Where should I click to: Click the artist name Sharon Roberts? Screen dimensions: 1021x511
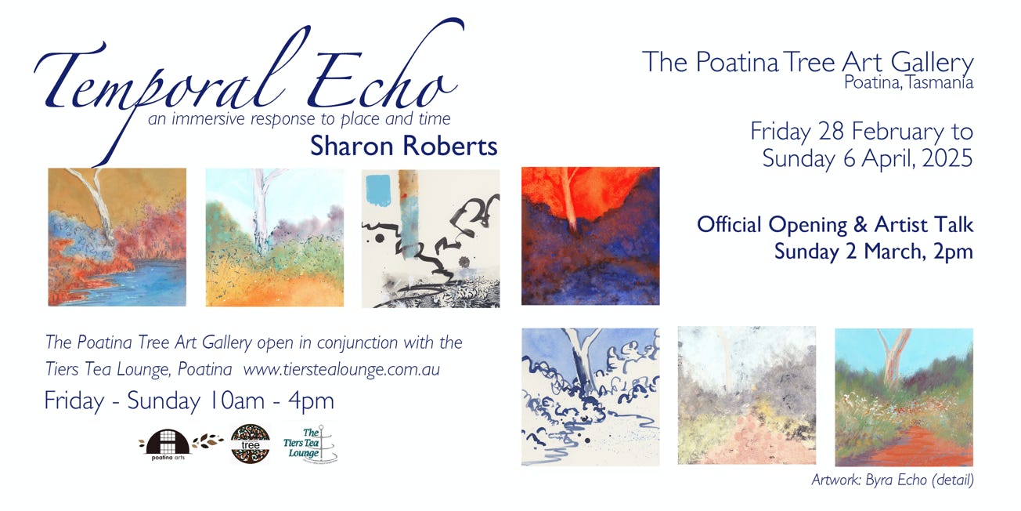403,147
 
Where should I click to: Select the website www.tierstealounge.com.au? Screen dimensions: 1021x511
341,369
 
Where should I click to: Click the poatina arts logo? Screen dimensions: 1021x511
168,444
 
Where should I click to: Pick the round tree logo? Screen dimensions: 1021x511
251,444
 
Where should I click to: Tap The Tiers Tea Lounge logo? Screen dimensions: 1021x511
309,444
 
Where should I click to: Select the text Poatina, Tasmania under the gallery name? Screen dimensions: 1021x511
908,82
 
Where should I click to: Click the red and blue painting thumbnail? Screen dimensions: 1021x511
590,236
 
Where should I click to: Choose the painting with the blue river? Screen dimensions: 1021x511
117,237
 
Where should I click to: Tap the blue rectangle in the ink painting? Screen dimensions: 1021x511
378,190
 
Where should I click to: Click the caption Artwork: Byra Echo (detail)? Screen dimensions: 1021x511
893,480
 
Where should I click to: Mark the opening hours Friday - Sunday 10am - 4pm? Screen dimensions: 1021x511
189,400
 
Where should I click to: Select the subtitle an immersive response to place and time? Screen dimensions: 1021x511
299,118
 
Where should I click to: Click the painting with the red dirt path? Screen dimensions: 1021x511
904,397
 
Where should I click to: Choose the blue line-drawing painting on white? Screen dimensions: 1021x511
590,397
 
